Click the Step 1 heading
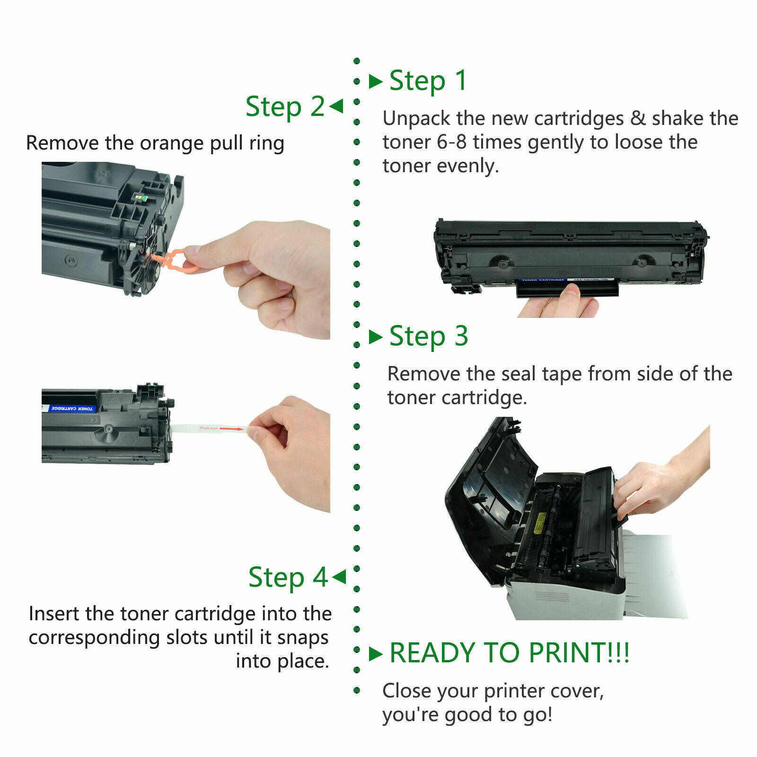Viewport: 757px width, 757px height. coord(428,81)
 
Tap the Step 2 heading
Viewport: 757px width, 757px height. coord(285,106)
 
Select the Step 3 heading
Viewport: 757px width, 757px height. coord(428,336)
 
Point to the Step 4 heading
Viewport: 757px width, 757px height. coord(288,577)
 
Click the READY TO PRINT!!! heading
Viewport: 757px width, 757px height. coord(509,653)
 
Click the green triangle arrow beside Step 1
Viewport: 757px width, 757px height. coord(375,81)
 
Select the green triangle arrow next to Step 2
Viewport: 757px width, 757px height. coord(336,106)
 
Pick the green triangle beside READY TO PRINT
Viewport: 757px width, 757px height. coord(375,654)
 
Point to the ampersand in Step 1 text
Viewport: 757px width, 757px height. coord(638,118)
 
